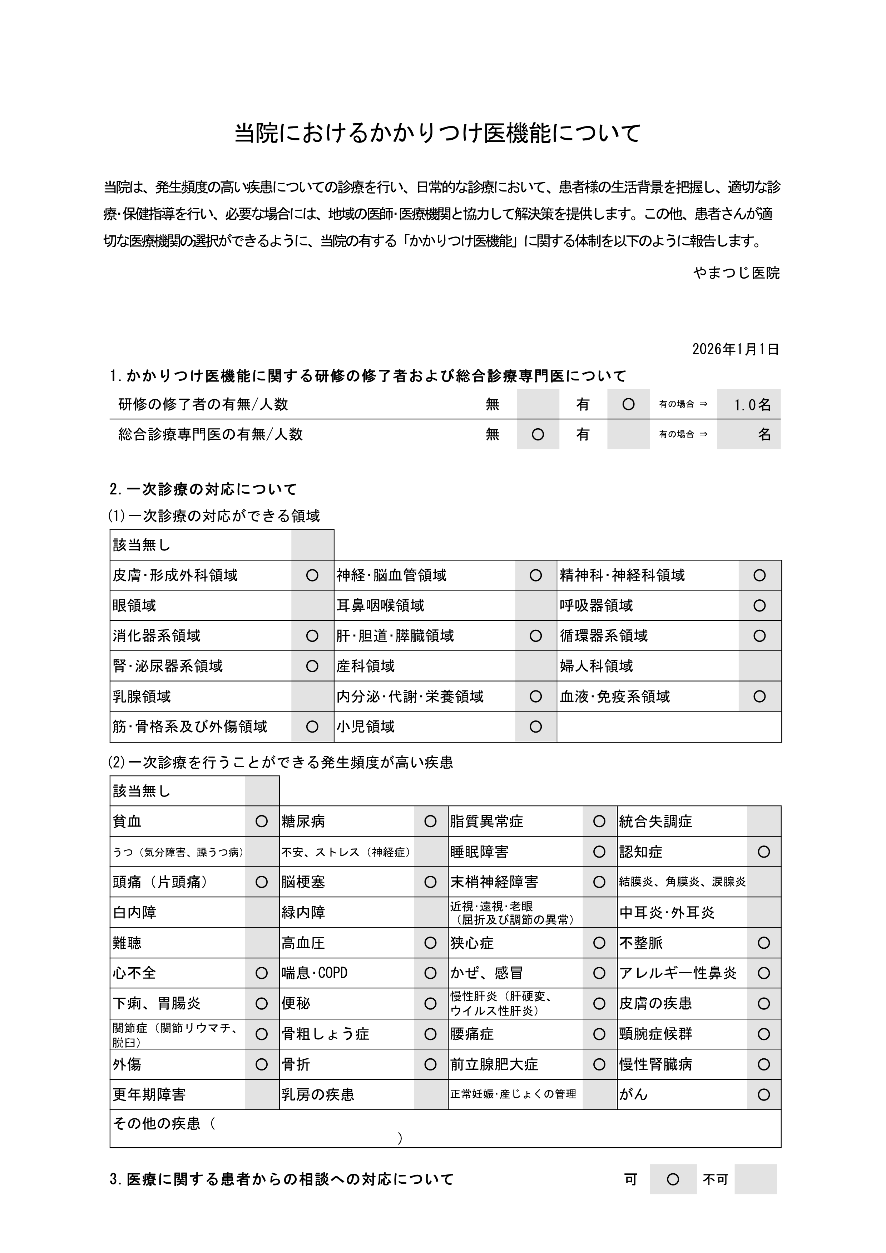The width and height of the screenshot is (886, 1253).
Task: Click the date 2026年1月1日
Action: click(x=735, y=349)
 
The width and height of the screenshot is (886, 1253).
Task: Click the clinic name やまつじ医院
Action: click(x=736, y=273)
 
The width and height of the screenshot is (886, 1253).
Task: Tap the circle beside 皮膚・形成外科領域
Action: click(x=312, y=575)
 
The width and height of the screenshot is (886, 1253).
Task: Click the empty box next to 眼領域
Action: click(x=312, y=605)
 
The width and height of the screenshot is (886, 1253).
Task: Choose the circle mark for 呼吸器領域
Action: click(x=759, y=605)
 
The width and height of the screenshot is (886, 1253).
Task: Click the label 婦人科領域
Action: click(x=596, y=666)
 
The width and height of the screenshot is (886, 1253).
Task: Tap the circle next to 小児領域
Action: click(x=535, y=727)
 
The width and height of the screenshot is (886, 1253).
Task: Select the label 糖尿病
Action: click(x=303, y=821)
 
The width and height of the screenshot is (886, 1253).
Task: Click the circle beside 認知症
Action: click(x=764, y=852)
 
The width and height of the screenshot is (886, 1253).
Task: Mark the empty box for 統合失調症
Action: click(x=764, y=821)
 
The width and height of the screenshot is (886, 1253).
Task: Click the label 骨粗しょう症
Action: click(x=325, y=1034)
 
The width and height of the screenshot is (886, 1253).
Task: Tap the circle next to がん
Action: click(x=764, y=1094)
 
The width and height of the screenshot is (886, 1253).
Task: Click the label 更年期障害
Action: click(x=149, y=1094)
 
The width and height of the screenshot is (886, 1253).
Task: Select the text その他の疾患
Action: click(x=157, y=1123)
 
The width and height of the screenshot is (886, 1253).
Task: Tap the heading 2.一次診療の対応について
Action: click(x=203, y=489)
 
